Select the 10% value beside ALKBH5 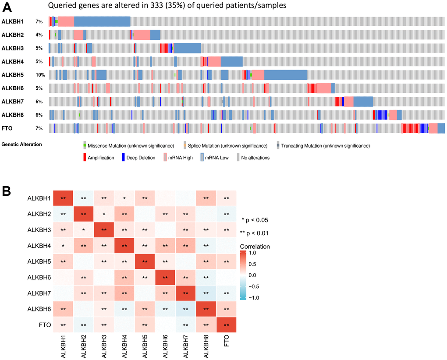point(40,75)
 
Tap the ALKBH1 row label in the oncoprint point(10,21)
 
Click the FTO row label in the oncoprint point(7,128)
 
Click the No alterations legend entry point(253,158)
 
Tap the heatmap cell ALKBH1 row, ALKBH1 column point(64,198)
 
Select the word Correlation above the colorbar point(255,247)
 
